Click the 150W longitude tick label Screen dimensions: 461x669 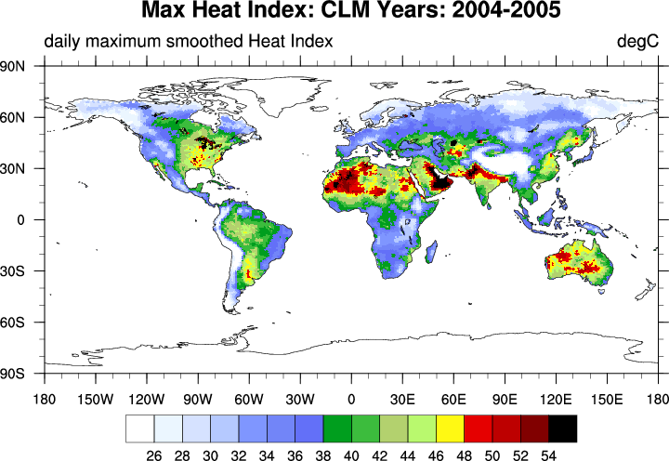coord(94,400)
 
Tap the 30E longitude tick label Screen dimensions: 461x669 coord(402,400)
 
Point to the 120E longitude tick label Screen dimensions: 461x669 coord(556,400)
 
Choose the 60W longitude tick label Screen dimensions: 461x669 coord(248,400)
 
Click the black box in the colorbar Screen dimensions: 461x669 coord(562,428)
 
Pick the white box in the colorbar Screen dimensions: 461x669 coord(139,428)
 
